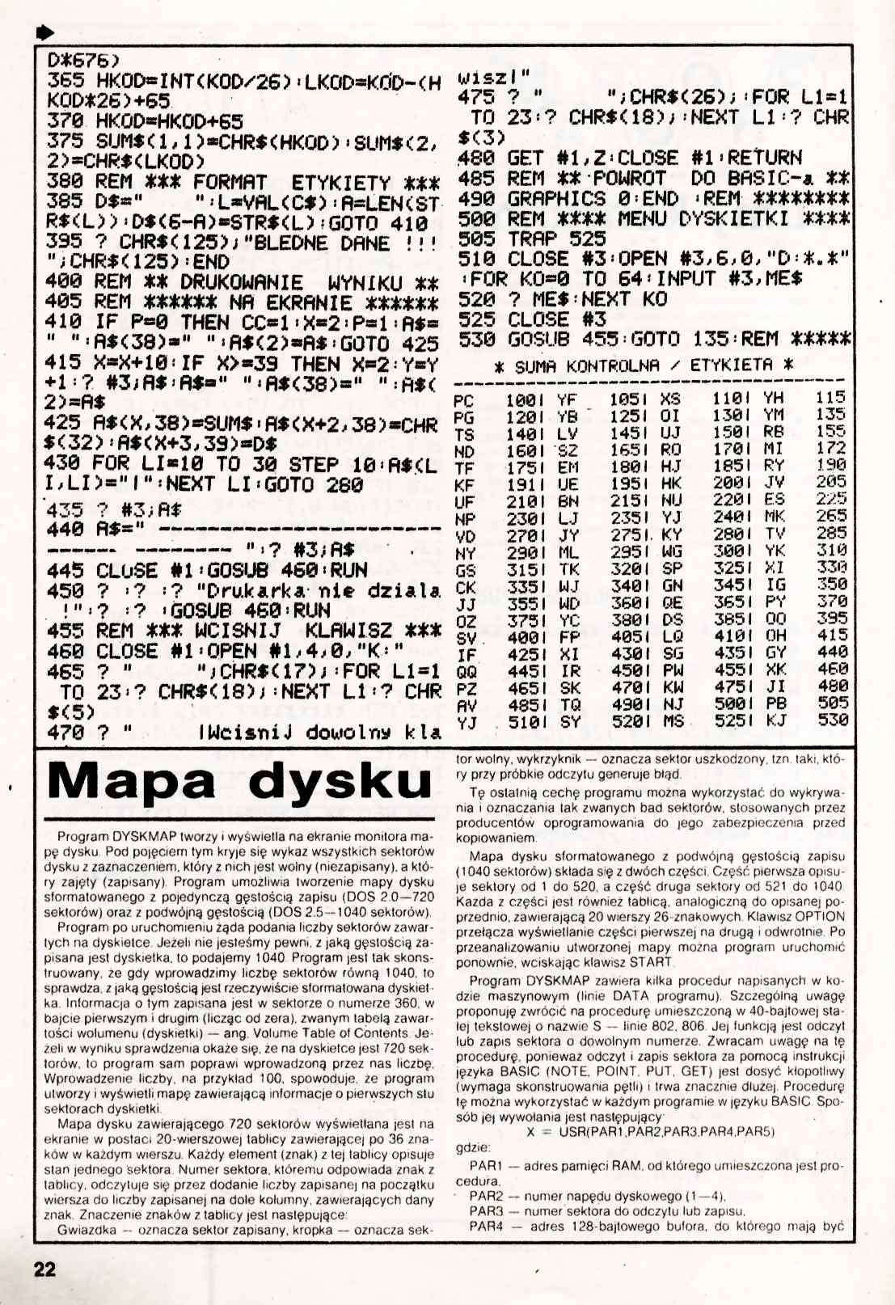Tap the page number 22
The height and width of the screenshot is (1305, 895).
(x=44, y=1269)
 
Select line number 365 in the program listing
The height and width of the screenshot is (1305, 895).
(x=65, y=82)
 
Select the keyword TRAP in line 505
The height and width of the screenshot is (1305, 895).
(x=533, y=239)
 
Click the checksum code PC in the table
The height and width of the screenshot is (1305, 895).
(x=464, y=400)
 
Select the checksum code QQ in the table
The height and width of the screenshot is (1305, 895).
(x=466, y=673)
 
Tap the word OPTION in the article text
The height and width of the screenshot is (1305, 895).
(x=820, y=916)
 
